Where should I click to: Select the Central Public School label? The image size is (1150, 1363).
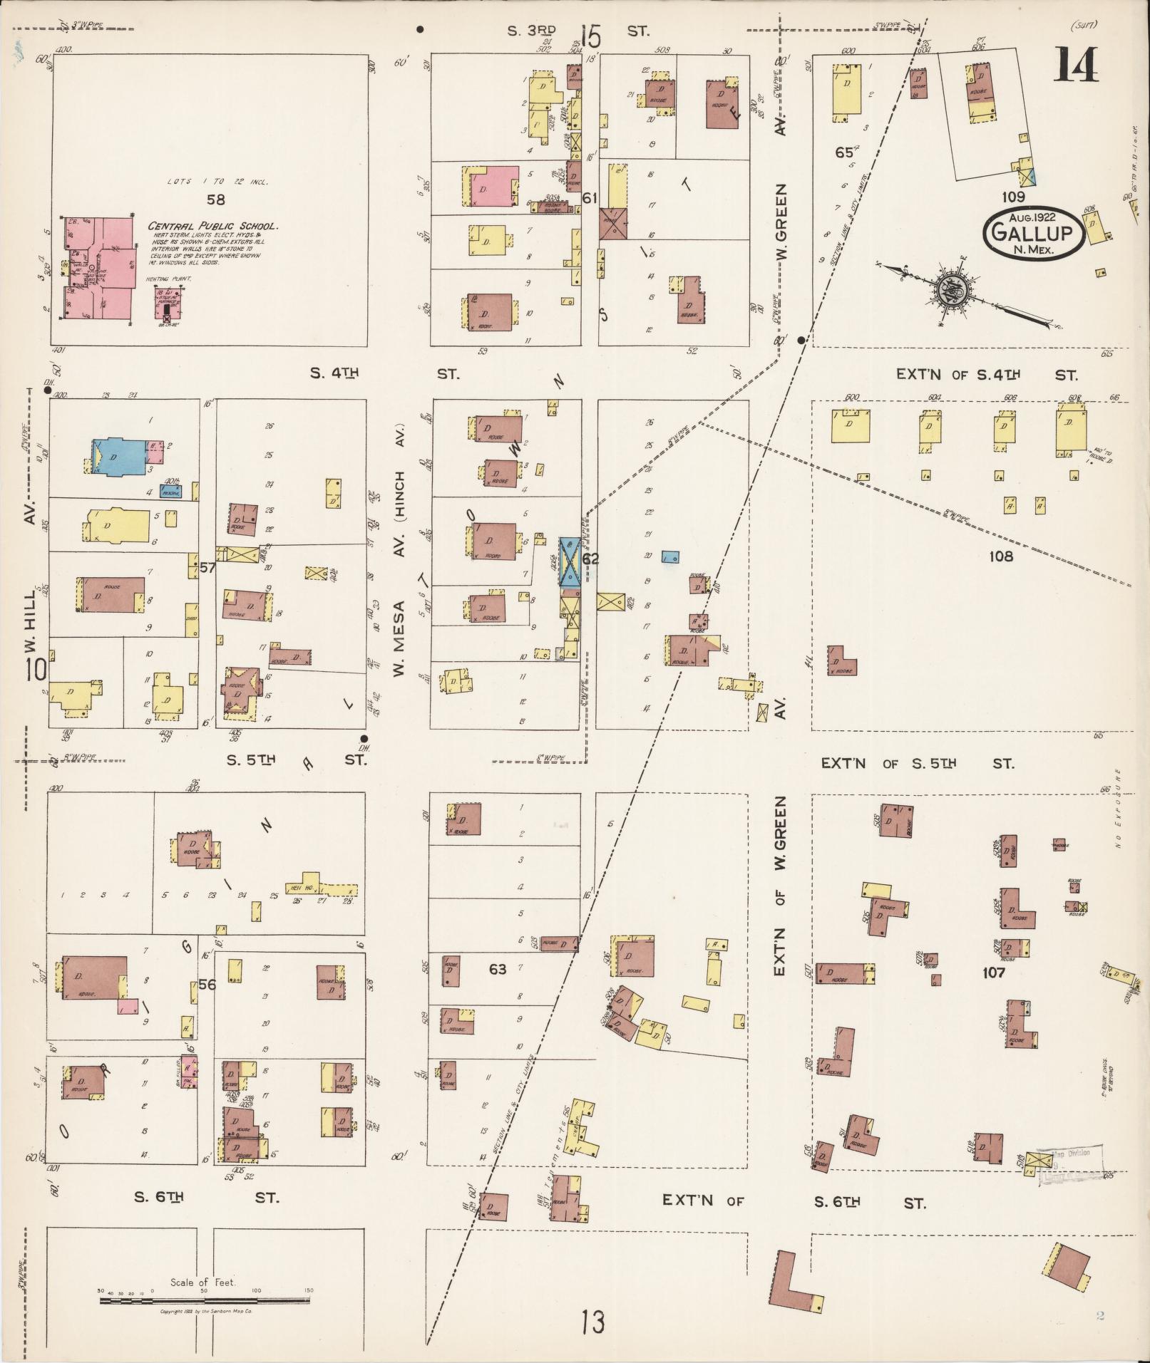(x=212, y=227)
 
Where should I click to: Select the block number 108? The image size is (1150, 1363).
(x=1000, y=556)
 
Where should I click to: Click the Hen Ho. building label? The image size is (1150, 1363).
(x=302, y=888)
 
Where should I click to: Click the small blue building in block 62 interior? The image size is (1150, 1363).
(x=669, y=557)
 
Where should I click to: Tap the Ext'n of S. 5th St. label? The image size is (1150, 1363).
(x=916, y=763)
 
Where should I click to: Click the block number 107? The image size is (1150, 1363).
(x=992, y=972)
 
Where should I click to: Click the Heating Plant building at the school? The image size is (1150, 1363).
(x=168, y=308)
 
